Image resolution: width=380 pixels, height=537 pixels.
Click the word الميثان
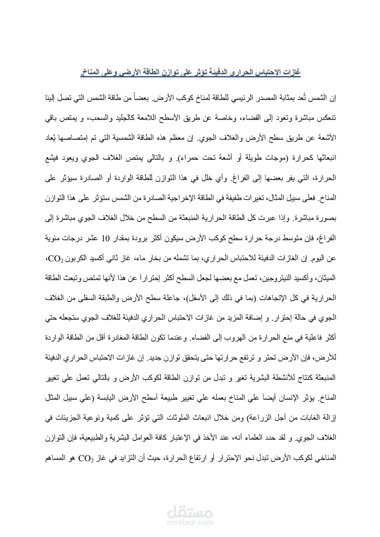click(327, 278)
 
